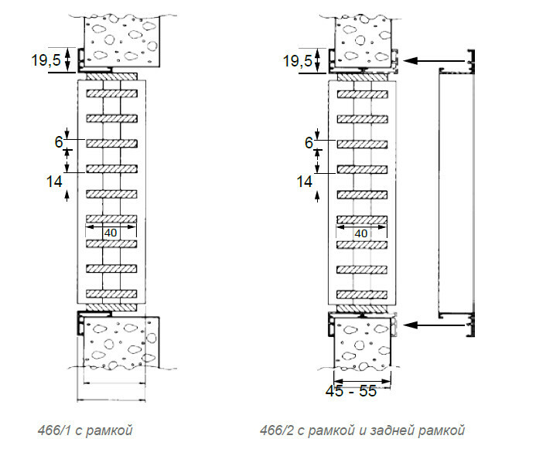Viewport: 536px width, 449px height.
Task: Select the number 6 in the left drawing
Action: pos(58,141)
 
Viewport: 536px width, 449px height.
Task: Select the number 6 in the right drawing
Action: pos(309,141)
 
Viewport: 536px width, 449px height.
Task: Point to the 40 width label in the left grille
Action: pos(111,232)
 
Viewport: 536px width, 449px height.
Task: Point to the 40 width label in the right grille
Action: pos(361,233)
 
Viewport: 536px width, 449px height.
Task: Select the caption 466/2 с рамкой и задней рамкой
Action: pos(362,430)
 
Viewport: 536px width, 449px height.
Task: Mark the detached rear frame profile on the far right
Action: pos(456,193)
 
